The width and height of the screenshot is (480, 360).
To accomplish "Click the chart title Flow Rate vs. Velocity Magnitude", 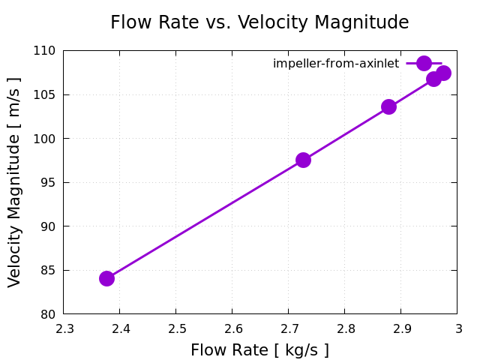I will [259, 22].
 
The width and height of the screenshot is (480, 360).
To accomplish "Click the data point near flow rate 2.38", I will [106, 278].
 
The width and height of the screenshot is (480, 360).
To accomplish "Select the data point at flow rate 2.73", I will [303, 160].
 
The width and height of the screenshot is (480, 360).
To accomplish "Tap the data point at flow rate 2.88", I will [388, 106].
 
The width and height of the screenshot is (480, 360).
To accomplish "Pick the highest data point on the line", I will [443, 73].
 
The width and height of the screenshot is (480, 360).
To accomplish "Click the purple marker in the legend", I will [424, 63].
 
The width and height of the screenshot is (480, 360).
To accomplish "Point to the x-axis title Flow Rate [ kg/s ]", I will [259, 350].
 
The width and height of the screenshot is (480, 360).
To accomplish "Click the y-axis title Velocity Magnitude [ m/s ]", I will [15, 182].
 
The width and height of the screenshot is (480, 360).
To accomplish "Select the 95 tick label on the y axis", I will [48, 182].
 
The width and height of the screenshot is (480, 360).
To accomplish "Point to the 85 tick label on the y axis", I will [48, 270].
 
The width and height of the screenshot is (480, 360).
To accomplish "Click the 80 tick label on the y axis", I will [48, 313].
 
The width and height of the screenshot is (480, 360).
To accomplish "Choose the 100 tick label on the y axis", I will [45, 139].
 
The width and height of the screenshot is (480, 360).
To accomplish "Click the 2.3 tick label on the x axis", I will [64, 328].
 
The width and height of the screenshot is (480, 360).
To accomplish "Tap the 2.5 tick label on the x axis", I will [175, 328].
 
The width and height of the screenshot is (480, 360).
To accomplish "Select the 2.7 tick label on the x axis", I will [288, 328].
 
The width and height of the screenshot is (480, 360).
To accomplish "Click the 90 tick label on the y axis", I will [48, 226].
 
